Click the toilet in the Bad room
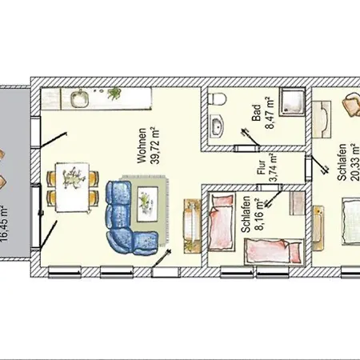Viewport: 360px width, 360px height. (217, 99)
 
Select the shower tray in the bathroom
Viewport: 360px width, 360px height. (292, 102)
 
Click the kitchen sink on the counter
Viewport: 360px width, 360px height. (79, 98)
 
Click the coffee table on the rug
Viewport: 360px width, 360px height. (147, 204)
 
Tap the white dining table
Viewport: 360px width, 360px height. (72, 187)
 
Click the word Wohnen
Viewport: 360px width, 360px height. (142, 146)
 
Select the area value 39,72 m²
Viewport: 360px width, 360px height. (154, 146)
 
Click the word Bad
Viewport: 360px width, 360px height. (256, 113)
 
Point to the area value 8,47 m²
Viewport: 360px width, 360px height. (269, 113)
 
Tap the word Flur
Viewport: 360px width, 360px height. (262, 167)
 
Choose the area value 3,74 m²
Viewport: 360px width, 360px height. (273, 167)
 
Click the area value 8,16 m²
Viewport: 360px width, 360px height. (258, 214)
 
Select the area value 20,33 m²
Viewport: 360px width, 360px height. (354, 162)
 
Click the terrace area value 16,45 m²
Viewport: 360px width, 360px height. (4, 223)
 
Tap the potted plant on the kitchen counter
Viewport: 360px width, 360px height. (114, 93)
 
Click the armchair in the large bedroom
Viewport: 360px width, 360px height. (351, 105)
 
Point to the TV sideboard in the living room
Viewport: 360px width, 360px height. (192, 226)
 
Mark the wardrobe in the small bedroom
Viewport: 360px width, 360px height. (297, 203)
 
